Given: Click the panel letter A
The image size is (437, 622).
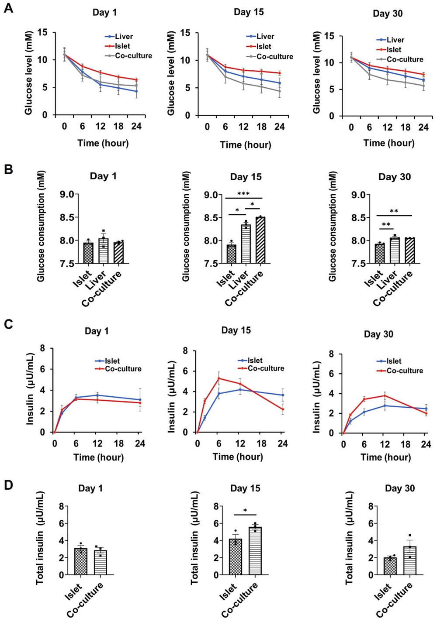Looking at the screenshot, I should point(8,8).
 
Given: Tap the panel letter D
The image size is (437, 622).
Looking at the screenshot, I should point(8,485).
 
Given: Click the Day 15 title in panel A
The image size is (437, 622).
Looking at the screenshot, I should point(249,12).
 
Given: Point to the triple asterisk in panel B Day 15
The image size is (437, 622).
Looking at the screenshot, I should point(243,194).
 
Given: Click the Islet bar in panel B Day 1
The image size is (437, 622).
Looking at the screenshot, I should point(88,253).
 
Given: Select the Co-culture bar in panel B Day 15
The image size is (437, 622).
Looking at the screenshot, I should point(260,240).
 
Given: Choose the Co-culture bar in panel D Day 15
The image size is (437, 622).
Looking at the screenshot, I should point(255,551).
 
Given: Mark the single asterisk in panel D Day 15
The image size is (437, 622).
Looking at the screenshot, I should point(245,511).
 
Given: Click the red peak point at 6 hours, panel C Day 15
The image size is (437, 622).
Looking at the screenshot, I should point(218,378).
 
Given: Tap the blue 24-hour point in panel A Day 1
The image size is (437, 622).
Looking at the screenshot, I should point(136,91).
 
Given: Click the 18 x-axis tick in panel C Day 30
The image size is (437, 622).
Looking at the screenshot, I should point(406,444).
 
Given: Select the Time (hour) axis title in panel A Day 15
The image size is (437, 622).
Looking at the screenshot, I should point(245,144).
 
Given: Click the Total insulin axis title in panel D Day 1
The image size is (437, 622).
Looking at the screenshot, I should point(40,538).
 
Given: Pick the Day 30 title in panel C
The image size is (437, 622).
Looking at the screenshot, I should point(378,334).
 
